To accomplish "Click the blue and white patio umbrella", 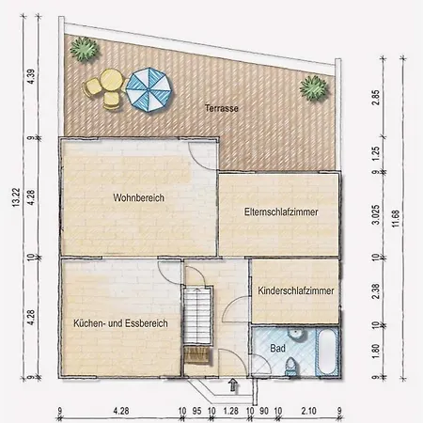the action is (x=149, y=90).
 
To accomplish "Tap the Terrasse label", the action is (x=222, y=108).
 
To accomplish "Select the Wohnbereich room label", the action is (x=139, y=197).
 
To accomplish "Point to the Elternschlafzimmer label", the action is (x=281, y=211).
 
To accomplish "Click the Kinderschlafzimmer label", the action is (x=296, y=290).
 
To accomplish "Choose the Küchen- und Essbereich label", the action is (x=120, y=323).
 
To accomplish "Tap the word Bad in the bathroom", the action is (x=277, y=348).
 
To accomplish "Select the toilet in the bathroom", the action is (x=290, y=367).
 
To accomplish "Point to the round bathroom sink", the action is (x=295, y=334).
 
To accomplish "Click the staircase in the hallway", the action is (x=197, y=317).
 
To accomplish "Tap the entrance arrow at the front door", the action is (x=233, y=384).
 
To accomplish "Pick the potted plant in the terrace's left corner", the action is (x=85, y=49).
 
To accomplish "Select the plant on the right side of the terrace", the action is (x=314, y=87).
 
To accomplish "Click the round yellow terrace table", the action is (x=111, y=80).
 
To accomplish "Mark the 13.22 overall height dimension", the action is (x=16, y=197).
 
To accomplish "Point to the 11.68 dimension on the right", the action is (x=396, y=218).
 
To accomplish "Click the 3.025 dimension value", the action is (x=375, y=214).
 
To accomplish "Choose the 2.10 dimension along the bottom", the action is (x=308, y=411).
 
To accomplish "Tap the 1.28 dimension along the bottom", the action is (x=231, y=411).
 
